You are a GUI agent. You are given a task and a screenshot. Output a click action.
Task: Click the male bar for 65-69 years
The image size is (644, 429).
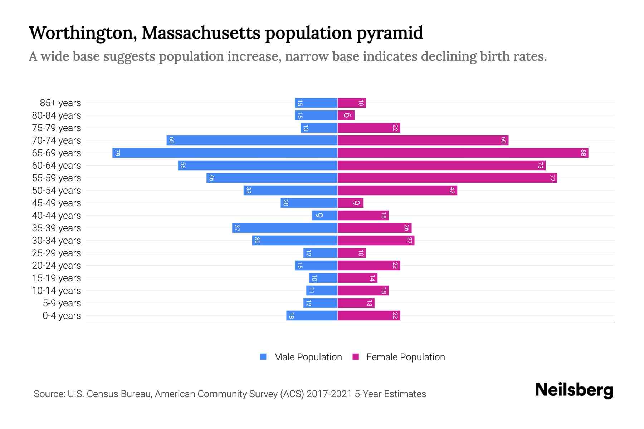coord(225,153)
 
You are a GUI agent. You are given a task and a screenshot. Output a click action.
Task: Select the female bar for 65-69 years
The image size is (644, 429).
coord(463,153)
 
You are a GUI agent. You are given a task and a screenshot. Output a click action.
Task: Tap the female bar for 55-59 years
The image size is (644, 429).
coord(447,178)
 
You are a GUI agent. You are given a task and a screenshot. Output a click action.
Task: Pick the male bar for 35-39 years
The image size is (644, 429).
coord(285,228)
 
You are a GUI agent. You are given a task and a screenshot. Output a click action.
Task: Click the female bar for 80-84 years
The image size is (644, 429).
coord(346,115)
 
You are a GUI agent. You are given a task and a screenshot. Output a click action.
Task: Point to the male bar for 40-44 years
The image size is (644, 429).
coord(325,216)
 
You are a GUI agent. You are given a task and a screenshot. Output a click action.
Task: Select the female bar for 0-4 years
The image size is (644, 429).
coord(369,316)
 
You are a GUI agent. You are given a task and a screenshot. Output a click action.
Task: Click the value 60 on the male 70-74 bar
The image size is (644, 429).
coord(171,140)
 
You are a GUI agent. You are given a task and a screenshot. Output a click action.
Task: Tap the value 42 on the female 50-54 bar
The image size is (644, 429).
coord(452,191)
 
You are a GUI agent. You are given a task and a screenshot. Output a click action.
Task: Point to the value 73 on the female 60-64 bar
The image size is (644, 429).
coord(540,166)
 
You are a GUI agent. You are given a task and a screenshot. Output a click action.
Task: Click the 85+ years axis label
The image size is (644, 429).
coord(60,103)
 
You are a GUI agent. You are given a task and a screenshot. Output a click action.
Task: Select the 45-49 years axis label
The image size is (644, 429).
coord(57,203)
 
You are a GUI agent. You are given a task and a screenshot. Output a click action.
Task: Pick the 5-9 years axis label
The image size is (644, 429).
coord(62,303)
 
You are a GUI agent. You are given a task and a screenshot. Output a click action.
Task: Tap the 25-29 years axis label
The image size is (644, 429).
coord(57,253)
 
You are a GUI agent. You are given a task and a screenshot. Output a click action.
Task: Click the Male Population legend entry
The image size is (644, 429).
coord(308,357)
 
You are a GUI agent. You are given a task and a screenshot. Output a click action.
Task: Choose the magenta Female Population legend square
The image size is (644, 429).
coord(356,357)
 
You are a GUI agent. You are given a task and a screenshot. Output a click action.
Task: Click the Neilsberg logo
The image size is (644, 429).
coord(574,390)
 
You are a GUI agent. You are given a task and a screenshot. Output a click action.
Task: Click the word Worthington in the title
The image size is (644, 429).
coord(83,33)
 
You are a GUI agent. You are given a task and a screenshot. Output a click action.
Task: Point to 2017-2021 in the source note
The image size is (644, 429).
coord(329,394)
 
